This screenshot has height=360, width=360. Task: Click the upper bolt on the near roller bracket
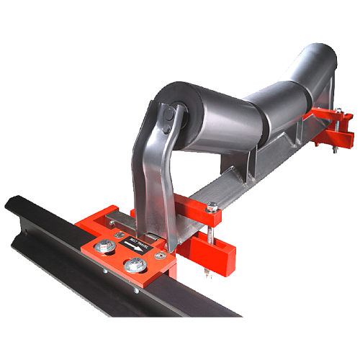(166, 114)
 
